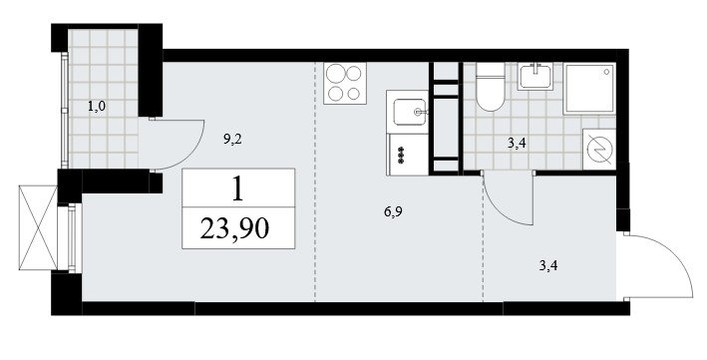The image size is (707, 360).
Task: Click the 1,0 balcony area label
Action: [x=96, y=108]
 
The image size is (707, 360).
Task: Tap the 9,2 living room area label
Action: [x=232, y=139]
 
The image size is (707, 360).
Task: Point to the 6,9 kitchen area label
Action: [x=393, y=211]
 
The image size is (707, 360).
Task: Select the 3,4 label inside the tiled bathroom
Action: [x=517, y=144]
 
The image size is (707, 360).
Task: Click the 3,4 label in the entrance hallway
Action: [x=548, y=265]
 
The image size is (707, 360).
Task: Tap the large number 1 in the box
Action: [x=237, y=188]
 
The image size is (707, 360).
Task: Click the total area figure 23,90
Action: [x=234, y=227]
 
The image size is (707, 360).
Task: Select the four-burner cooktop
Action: [x=345, y=84]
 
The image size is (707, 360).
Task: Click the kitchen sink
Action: [x=410, y=112]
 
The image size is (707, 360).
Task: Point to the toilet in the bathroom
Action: [x=491, y=87]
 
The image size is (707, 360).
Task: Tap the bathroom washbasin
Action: [x=535, y=76]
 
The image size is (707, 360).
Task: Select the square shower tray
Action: [x=589, y=88]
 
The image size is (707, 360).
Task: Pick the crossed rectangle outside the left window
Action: [x=38, y=227]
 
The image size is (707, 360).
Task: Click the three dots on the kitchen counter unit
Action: [x=400, y=156]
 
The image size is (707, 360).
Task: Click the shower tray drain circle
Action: [x=607, y=71]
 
